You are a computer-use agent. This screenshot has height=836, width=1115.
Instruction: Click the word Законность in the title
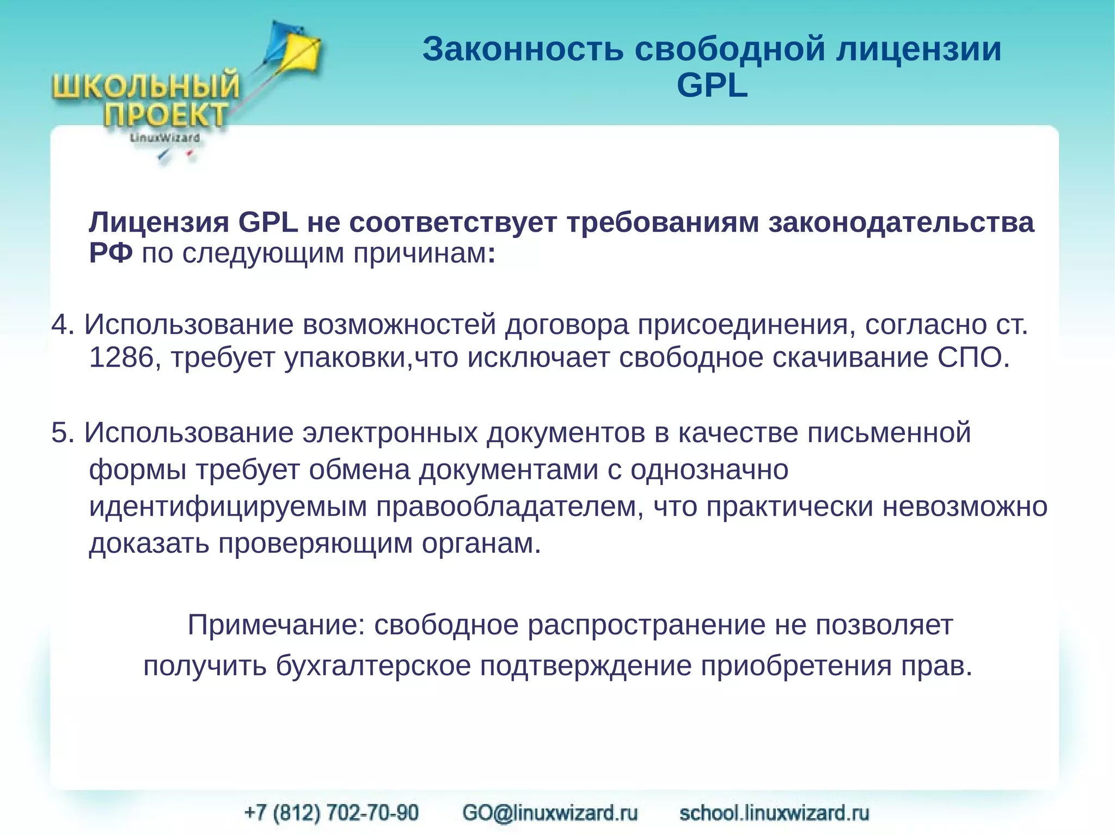click(523, 49)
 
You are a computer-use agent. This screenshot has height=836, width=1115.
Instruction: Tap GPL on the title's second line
click(712, 86)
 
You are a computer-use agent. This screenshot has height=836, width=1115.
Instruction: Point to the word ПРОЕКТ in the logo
click(166, 115)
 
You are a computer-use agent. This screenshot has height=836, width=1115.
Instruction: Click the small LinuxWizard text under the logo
click(164, 138)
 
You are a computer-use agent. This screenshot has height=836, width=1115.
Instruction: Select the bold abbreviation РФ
click(111, 253)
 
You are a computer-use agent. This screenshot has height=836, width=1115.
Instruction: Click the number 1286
click(121, 358)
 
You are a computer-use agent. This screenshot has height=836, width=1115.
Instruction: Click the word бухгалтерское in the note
click(373, 666)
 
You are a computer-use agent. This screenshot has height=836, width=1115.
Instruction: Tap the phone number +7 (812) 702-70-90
click(332, 813)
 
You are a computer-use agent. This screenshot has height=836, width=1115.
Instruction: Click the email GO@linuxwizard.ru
click(550, 813)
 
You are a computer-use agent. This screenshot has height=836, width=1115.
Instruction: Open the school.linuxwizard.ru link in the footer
click(774, 813)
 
